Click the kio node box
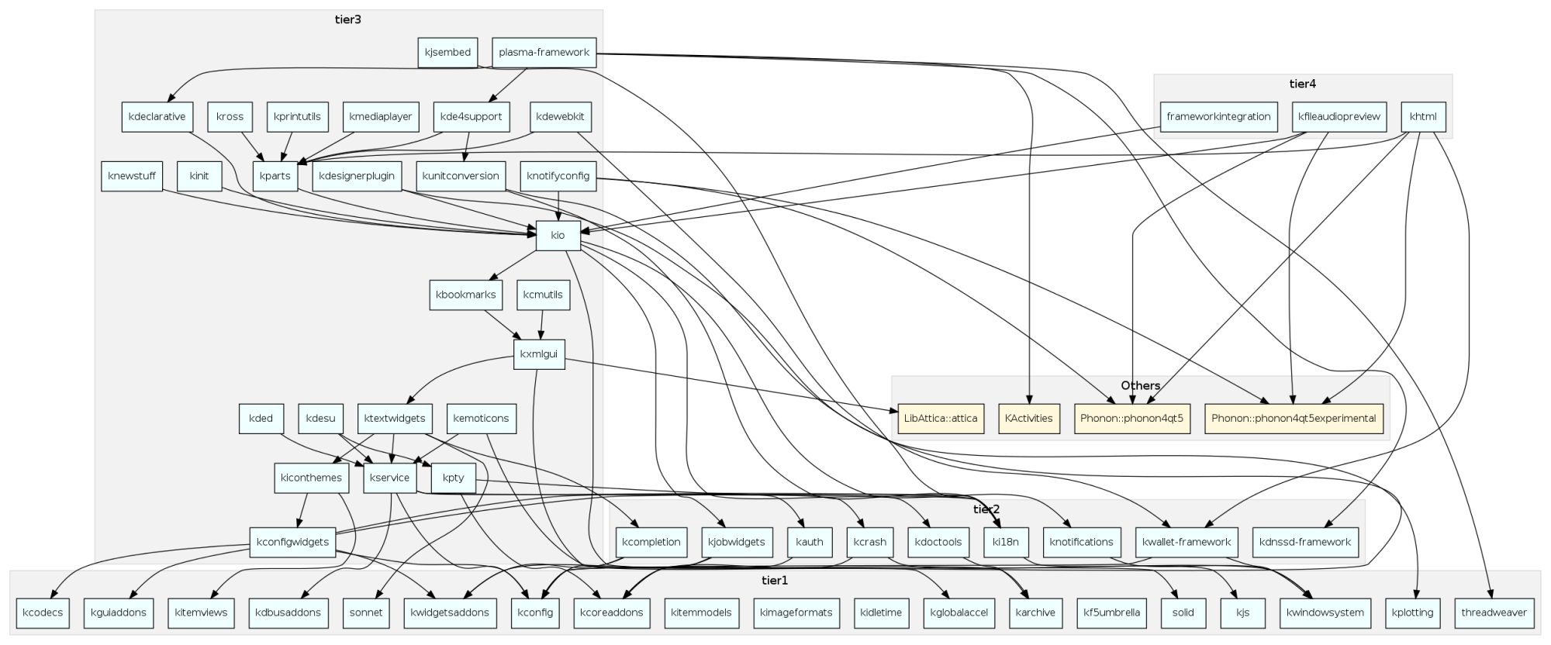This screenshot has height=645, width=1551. [x=558, y=236]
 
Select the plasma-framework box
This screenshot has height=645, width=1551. [x=544, y=53]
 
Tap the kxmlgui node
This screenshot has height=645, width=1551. [x=539, y=354]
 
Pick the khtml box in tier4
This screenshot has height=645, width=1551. [x=1423, y=117]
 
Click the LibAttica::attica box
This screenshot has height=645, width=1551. [x=941, y=419]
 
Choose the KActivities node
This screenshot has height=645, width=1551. [x=1028, y=419]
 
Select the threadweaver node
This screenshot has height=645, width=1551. [x=1494, y=612]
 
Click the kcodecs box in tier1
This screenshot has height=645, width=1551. [x=43, y=612]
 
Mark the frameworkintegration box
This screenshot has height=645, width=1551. [x=1218, y=117]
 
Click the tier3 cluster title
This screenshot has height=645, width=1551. [x=348, y=19]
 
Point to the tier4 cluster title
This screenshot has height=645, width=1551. [x=1302, y=84]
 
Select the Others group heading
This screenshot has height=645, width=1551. [x=1140, y=385]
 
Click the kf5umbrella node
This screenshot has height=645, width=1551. [x=1112, y=612]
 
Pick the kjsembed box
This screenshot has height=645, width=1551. [x=447, y=53]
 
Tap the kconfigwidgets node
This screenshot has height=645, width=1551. [x=292, y=542]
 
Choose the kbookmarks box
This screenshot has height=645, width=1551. [x=465, y=295]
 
